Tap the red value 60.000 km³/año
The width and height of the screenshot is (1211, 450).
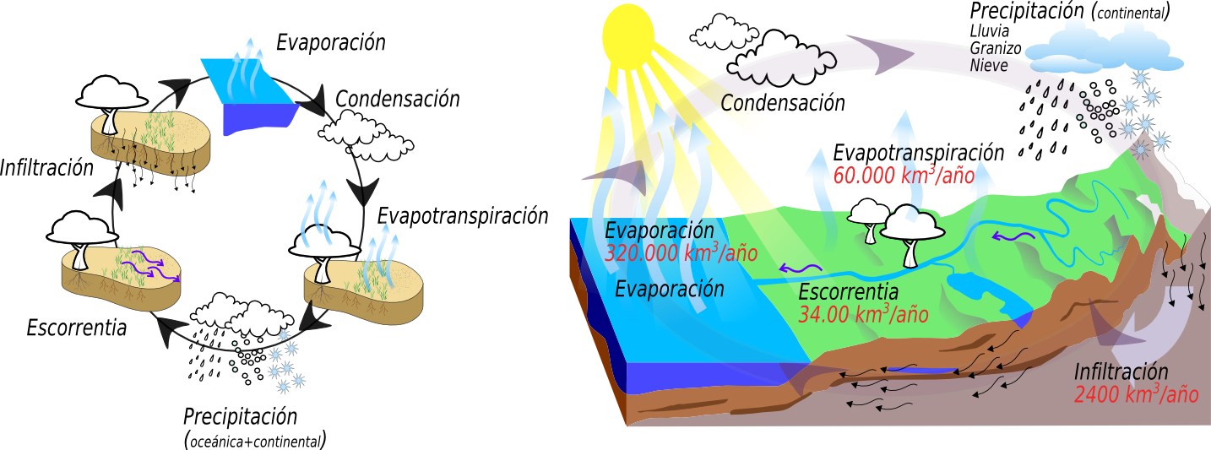click(904, 176)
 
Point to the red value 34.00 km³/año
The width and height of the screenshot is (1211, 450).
click(863, 315)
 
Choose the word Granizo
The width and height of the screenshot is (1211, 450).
click(996, 49)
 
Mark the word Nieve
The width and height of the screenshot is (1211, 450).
click(989, 65)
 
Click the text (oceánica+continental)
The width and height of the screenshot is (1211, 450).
click(254, 441)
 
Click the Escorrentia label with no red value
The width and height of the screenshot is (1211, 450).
click(77, 328)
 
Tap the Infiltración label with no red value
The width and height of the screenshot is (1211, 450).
click(46, 167)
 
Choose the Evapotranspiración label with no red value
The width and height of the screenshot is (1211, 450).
click(462, 215)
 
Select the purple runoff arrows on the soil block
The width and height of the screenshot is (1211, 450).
click(150, 268)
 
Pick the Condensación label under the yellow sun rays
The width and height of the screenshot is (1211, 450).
click(783, 103)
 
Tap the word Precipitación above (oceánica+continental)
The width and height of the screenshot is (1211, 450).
click(241, 417)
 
